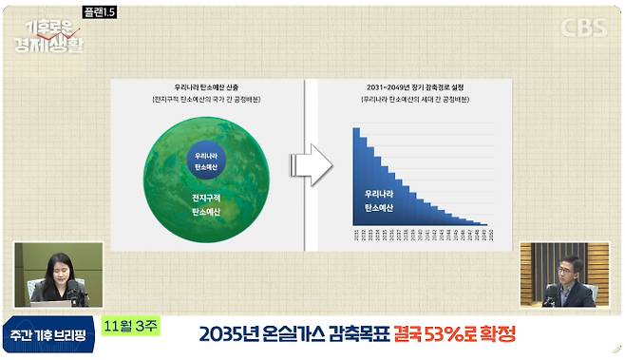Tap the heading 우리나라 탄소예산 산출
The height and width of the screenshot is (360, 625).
click(206, 85)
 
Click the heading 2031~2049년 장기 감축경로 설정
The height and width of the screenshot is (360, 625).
click(413, 85)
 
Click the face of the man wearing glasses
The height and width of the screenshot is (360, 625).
click(565, 268)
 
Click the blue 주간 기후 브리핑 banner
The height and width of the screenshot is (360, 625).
click(47, 335)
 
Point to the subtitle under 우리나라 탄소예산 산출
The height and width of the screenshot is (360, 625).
click(206, 99)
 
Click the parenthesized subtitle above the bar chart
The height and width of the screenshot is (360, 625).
click(413, 99)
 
